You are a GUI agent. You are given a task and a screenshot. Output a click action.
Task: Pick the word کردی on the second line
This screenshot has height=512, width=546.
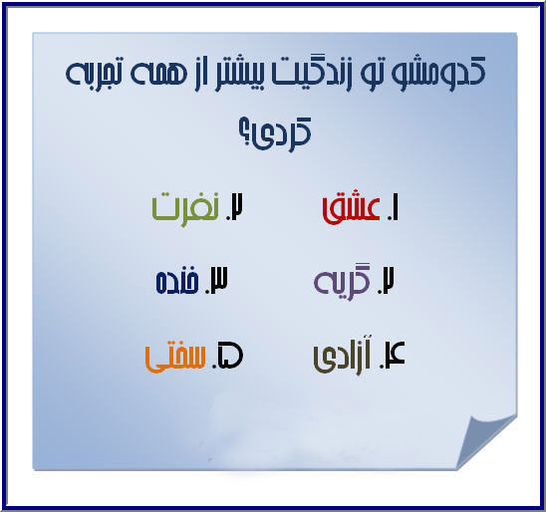pos(283,134)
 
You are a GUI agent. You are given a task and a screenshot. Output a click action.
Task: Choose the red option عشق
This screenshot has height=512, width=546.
pos(352,209)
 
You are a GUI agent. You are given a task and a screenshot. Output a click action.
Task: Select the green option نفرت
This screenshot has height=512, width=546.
pos(185,208)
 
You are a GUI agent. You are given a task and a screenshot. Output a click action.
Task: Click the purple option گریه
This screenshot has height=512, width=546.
pos(345,283)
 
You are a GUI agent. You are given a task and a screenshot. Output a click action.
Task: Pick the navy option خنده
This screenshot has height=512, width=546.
pos(177,282)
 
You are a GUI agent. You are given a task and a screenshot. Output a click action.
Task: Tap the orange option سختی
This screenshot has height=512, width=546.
pos(175,358)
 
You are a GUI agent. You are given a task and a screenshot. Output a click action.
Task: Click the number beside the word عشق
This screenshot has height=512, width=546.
pos(394,208)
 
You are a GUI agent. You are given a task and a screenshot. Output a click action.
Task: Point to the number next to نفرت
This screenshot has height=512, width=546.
pos(235,208)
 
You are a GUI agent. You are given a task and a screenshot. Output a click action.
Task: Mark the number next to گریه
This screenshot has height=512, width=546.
pos(388,282)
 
